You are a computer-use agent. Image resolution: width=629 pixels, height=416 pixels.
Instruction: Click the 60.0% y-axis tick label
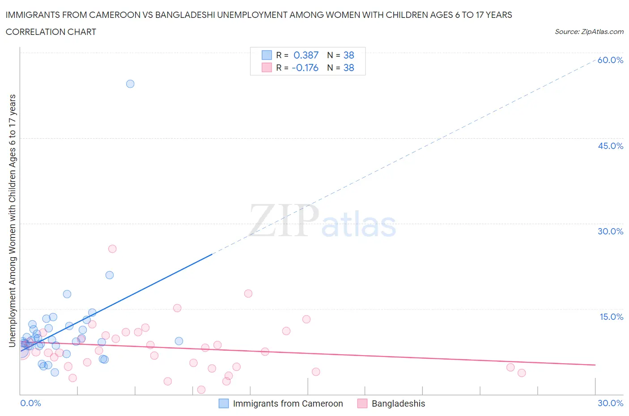pyautogui.click(x=610, y=60)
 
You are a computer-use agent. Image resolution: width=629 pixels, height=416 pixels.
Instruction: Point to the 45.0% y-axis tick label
pyautogui.click(x=610, y=146)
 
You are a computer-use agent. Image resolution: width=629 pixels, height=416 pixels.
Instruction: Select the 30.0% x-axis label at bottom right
pyautogui.click(x=610, y=403)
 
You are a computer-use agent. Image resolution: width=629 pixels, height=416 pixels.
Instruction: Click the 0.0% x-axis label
pyautogui.click(x=30, y=403)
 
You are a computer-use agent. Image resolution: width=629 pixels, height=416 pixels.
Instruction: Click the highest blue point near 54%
pyautogui.click(x=130, y=84)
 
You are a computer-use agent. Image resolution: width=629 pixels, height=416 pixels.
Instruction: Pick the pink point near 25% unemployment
pyautogui.click(x=112, y=249)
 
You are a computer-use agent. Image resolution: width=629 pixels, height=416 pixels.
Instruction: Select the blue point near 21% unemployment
pyautogui.click(x=110, y=275)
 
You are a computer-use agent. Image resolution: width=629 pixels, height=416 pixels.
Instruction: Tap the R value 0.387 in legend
pyautogui.click(x=306, y=55)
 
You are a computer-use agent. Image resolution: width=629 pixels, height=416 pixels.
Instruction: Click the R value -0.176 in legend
pyautogui.click(x=305, y=68)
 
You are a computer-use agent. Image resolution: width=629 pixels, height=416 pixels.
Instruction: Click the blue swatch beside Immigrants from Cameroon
pyautogui.click(x=224, y=403)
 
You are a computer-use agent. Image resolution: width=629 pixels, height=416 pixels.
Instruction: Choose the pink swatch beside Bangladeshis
pyautogui.click(x=362, y=403)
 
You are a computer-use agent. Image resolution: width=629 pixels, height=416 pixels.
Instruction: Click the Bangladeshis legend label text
pyautogui.click(x=398, y=403)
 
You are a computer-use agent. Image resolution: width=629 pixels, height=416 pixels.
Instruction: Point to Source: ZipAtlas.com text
pyautogui.click(x=589, y=31)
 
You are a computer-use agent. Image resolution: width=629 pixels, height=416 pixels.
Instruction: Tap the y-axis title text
pyautogui.click(x=12, y=221)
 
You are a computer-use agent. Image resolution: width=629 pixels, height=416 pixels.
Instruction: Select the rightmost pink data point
pyautogui.click(x=521, y=373)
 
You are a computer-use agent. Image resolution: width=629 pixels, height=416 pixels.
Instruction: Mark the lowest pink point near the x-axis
pyautogui.click(x=201, y=390)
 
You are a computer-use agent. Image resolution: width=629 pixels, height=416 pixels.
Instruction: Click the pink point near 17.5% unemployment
pyautogui.click(x=248, y=293)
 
